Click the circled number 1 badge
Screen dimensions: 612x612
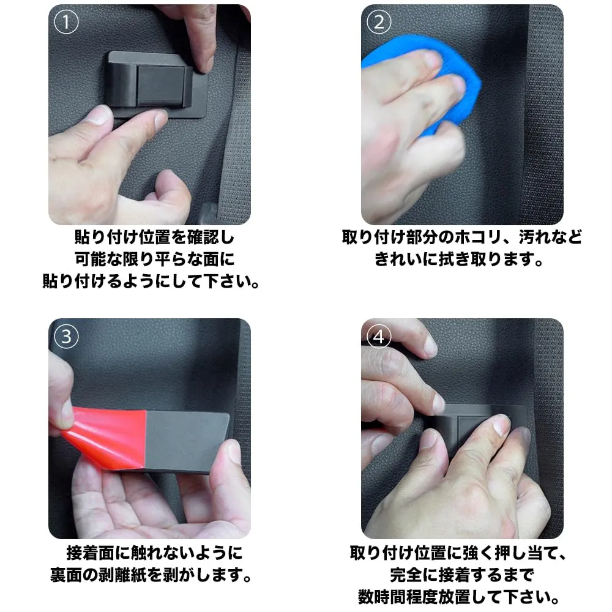(66, 22)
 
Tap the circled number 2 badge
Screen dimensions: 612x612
(379, 22)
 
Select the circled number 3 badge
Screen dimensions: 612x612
(66, 337)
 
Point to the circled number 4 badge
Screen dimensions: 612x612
(379, 337)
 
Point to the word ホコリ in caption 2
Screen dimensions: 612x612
(477, 237)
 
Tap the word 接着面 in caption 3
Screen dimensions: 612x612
(90, 553)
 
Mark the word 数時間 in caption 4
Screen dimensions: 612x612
(382, 597)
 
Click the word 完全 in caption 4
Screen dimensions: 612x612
(406, 575)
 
